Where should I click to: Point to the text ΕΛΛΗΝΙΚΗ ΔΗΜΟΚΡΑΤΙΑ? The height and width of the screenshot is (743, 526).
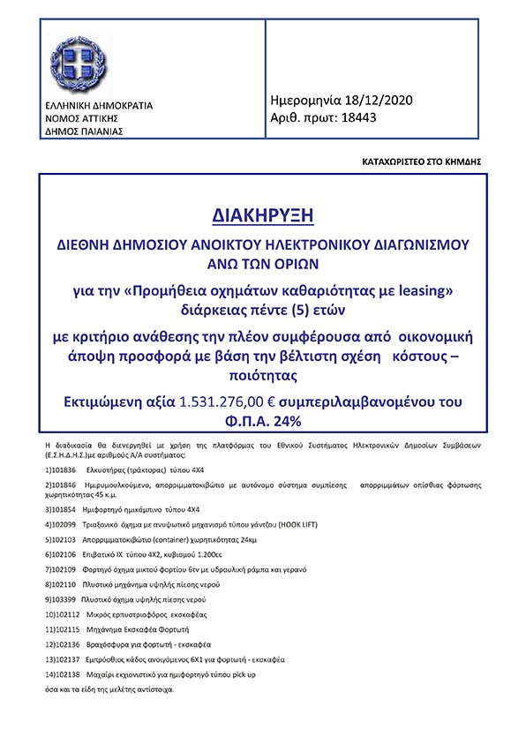pyautogui.click(x=98, y=106)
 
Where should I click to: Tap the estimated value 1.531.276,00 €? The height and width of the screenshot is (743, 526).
pyautogui.click(x=231, y=402)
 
